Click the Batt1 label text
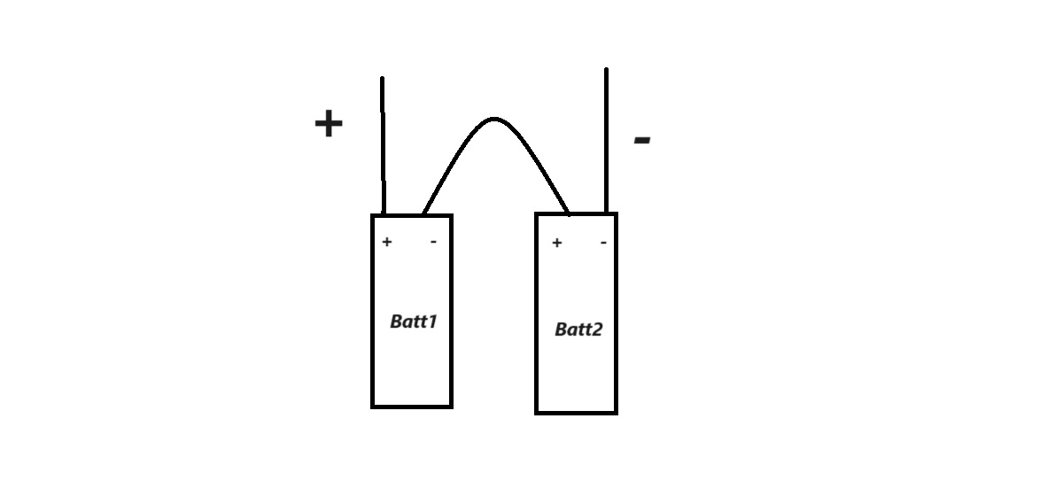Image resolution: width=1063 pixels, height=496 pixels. coord(414,322)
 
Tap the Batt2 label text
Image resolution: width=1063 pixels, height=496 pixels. coord(578,329)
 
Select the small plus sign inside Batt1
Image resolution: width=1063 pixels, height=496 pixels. coord(387,242)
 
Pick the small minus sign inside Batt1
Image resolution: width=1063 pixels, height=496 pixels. coord(433,242)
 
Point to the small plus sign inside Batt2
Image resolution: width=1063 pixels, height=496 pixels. coord(557,243)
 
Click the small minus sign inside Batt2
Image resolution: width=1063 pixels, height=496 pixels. coord(603,243)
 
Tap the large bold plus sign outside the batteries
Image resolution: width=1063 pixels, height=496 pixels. coord(329,123)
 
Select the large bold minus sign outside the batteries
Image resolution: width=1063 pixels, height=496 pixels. coord(642,140)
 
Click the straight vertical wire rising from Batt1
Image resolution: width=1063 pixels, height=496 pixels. coord(383,146)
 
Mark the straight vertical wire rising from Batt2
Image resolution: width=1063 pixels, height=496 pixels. coord(606,141)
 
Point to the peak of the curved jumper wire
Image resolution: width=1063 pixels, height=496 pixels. coord(494,119)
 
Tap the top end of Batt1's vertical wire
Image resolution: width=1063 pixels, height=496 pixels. coord(382,78)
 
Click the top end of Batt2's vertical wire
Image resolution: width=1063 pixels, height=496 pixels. coord(606,69)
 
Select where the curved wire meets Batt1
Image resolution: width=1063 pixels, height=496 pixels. coord(424,213)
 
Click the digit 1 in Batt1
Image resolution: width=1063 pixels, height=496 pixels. coord(432,322)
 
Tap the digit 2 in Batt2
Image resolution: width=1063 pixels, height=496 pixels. coord(597,329)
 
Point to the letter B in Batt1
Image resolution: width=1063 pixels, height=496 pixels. coord(397,322)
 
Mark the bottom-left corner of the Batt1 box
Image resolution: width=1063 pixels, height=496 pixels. coord(373,407)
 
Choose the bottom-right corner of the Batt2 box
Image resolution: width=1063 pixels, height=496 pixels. coord(616,413)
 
